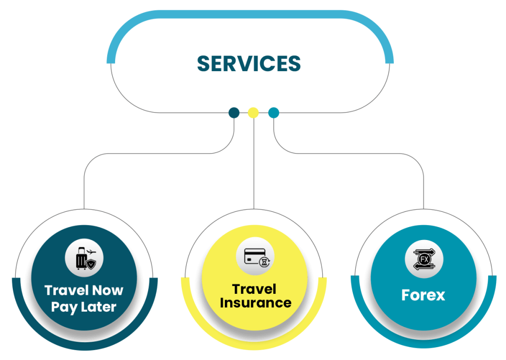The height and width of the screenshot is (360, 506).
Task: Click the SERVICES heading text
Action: point(249,63)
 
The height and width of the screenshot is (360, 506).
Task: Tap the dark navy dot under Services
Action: point(234,113)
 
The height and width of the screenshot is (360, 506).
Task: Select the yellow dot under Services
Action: point(253,113)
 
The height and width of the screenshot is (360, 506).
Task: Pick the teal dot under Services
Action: point(274,113)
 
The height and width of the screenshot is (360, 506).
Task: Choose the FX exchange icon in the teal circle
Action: point(424,259)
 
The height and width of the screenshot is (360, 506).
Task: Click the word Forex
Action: point(423,295)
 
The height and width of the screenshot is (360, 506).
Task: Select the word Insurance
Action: point(255,303)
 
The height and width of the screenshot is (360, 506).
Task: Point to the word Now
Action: point(107,290)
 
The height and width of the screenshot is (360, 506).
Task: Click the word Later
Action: point(98,307)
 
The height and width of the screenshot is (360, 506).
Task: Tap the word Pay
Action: point(64,308)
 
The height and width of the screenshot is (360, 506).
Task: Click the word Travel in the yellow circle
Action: point(254,289)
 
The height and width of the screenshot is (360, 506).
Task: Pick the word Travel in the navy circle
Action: point(67,290)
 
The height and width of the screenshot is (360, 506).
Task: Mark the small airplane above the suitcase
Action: point(91,251)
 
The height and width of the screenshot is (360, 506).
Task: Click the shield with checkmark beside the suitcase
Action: point(91,264)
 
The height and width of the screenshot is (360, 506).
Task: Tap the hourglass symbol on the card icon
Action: point(265,262)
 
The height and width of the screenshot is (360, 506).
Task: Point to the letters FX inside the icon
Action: point(424,259)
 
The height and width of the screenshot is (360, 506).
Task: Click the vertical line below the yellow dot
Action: point(253,163)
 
